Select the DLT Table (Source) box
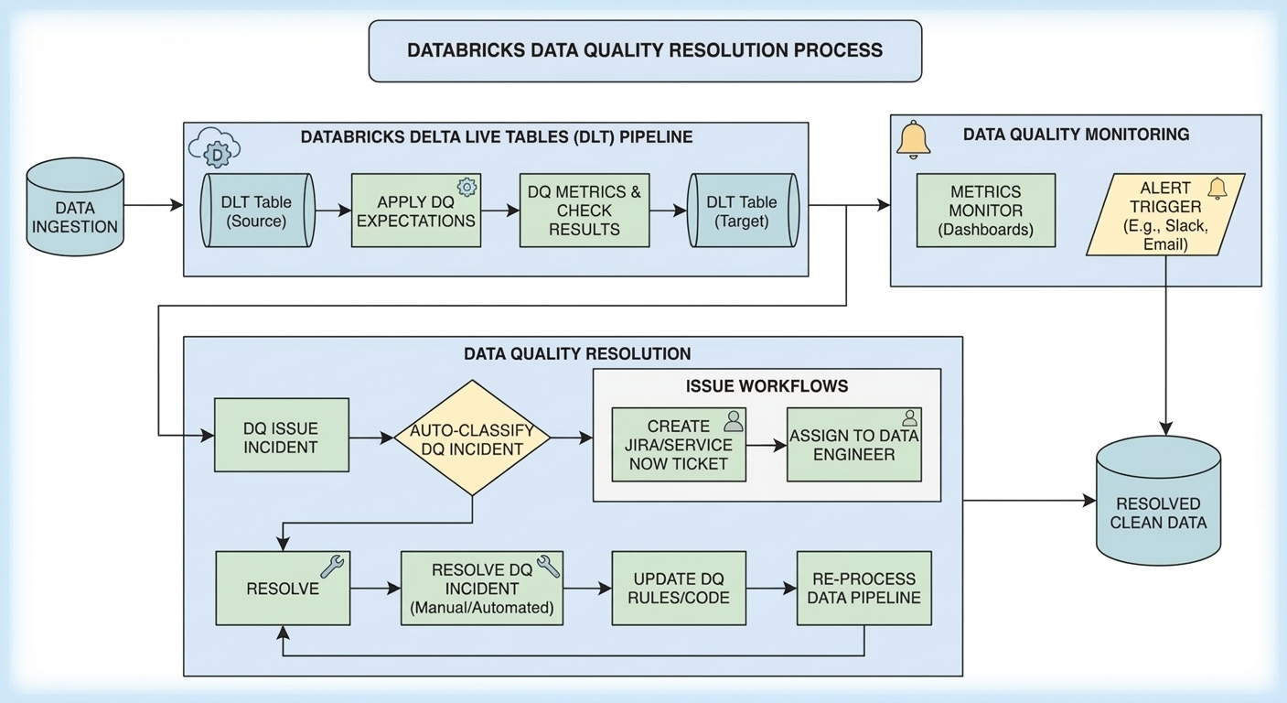257,211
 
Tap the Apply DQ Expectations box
415,211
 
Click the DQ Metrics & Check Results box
585,211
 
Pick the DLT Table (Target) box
743,211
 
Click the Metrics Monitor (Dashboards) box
986,211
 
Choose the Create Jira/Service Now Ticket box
679,445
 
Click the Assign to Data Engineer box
853,445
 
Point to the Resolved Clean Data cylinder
1158,502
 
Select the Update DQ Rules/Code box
679,588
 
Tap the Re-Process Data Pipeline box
863,588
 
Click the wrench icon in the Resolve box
332,567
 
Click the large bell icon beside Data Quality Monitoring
913,139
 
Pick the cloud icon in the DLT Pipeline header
216,149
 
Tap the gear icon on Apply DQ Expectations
467,188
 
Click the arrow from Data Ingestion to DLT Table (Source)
153,206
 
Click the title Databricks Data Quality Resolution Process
645,50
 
